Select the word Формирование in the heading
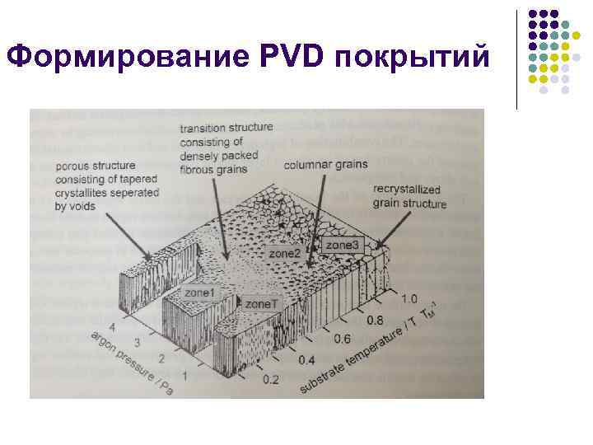tap(124, 56)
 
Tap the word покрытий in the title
tap(416, 56)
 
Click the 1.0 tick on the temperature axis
tap(409, 298)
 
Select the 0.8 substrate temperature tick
tap(375, 318)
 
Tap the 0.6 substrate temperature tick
tap(341, 339)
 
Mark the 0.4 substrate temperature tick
tap(306, 359)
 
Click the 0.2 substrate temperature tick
tap(270, 379)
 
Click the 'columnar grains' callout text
tap(320, 166)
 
